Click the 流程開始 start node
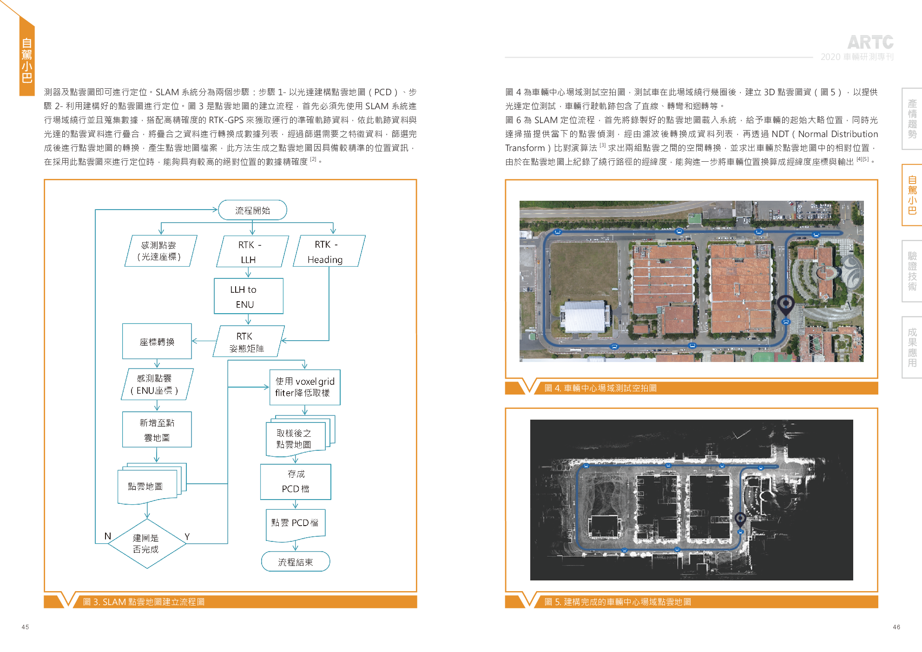[252, 210]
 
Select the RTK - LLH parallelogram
[252, 251]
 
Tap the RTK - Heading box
[329, 251]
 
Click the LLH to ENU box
[249, 296]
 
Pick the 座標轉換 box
[157, 341]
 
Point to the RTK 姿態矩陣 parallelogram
[249, 341]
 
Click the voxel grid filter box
[305, 387]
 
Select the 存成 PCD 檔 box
[296, 482]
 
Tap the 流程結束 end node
[296, 561]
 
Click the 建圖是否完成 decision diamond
[147, 543]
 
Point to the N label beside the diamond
[107, 536]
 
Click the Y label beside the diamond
[187, 537]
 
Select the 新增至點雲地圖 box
[157, 429]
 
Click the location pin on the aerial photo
[786, 305]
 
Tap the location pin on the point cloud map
[740, 519]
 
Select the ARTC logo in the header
[870, 42]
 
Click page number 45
[25, 627]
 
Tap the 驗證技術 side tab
[912, 271]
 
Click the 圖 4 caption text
[600, 388]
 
